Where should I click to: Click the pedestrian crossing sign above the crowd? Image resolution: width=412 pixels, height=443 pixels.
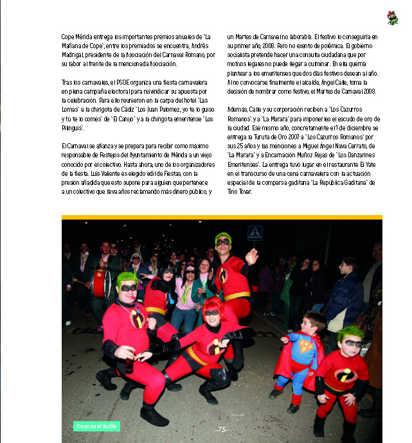pos(255,232)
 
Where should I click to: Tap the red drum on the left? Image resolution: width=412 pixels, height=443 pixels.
pos(101,283)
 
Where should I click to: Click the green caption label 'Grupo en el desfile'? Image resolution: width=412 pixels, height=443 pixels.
pos(97,426)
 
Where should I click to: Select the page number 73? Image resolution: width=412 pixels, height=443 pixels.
pos(222,430)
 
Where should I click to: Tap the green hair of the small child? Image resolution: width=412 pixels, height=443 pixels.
pos(351,333)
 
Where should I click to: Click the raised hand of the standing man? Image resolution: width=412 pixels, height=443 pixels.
pos(252,256)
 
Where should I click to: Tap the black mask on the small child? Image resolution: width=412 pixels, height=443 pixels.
pos(352,344)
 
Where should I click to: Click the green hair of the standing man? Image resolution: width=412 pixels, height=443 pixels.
pos(223,237)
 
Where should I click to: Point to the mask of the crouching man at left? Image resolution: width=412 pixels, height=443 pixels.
pos(128,288)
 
